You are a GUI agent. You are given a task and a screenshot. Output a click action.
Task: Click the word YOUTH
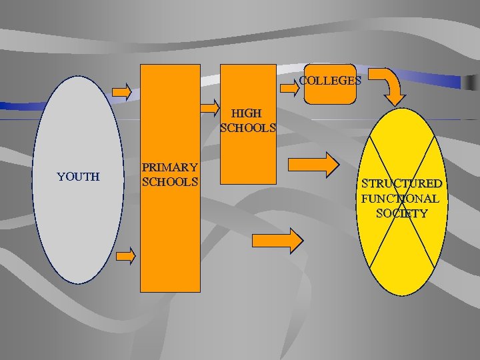coord(78,177)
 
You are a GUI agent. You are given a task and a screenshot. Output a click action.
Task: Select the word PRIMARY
coord(170,167)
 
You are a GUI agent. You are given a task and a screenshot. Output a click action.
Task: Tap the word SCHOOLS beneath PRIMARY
coord(170,181)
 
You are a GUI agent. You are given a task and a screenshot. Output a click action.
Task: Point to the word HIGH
coord(247,113)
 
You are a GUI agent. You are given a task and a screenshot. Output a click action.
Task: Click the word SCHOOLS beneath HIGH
coord(247,127)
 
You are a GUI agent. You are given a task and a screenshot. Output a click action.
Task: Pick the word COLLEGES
coord(330,81)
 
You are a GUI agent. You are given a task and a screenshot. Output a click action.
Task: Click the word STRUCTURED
coord(401,183)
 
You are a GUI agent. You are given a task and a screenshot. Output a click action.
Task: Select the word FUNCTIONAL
coord(400,198)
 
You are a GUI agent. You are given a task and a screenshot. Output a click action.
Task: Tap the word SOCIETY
coord(401,213)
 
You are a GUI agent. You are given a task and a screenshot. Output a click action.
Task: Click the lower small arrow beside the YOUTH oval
coord(125,255)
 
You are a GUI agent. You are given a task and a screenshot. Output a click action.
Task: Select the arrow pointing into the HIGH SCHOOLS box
coord(211,107)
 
